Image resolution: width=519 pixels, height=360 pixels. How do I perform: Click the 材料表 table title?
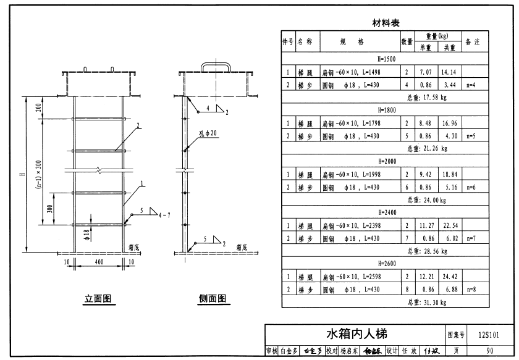386,23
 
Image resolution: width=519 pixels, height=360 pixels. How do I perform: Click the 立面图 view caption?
98,299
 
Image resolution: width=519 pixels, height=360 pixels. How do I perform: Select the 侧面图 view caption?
212,299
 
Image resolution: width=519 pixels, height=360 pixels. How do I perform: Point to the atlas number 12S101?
489,335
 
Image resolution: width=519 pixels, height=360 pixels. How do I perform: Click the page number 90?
489,351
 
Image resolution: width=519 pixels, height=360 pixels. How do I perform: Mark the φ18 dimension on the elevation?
86,233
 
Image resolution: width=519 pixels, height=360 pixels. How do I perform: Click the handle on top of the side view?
216,65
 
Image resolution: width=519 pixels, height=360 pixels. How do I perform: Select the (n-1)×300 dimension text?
39,171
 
